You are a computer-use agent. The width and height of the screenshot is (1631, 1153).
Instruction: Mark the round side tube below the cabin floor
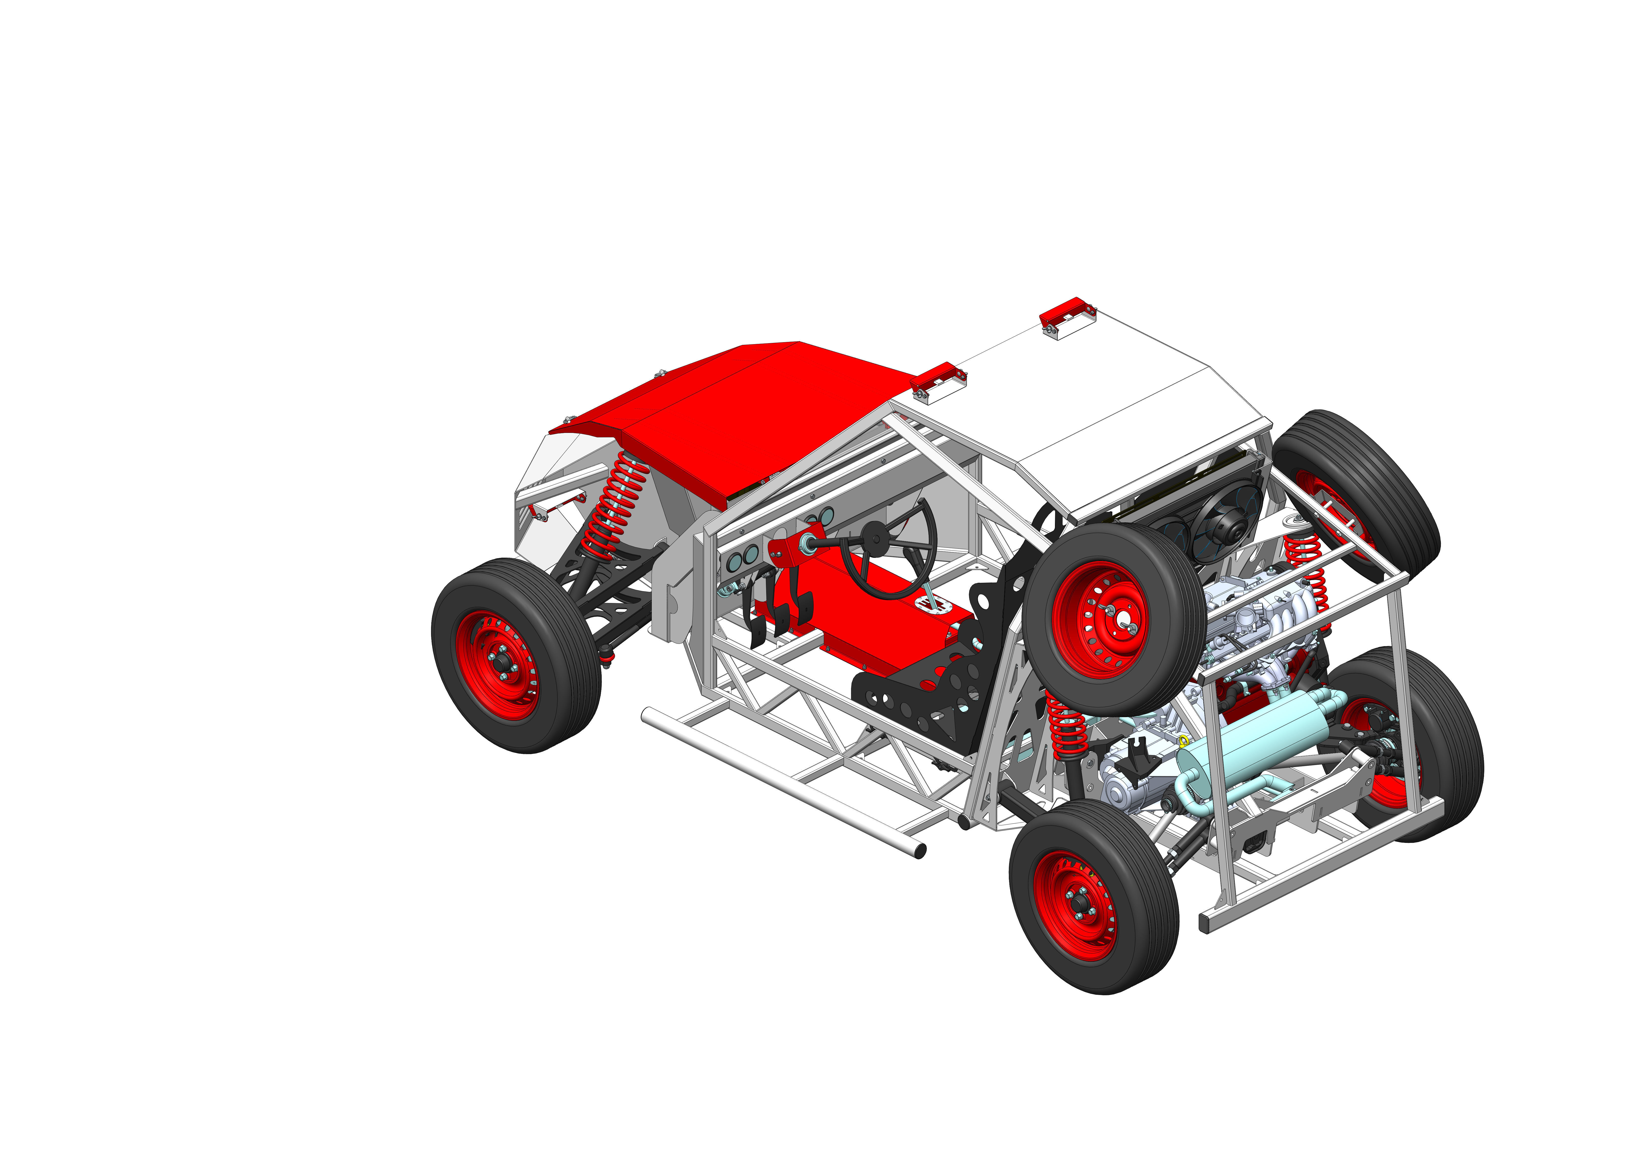(781, 781)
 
